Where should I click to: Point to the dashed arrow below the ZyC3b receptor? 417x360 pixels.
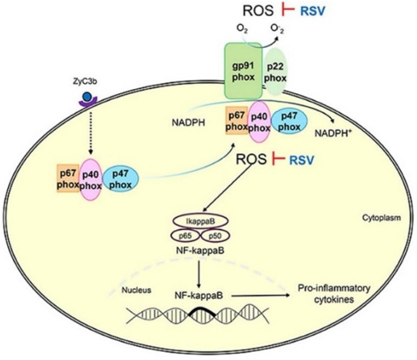90,130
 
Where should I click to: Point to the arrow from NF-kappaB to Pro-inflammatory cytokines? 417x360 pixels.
261,295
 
